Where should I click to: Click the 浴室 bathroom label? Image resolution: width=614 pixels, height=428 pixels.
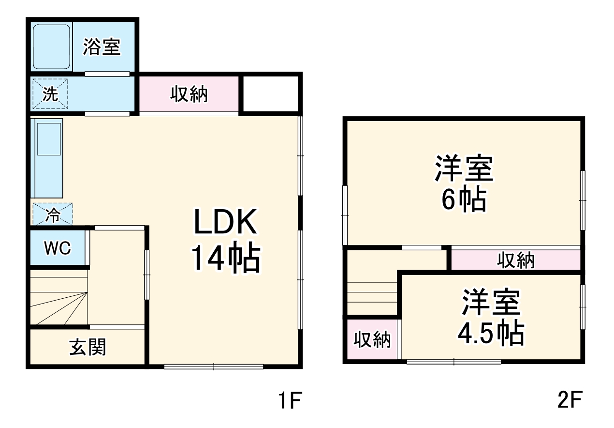point(102,47)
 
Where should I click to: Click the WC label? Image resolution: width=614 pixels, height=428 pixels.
point(58,248)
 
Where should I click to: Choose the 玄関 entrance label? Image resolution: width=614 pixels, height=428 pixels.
point(88,347)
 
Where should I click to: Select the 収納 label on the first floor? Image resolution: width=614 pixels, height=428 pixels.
point(189,94)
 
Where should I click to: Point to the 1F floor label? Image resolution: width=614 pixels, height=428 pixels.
point(289,401)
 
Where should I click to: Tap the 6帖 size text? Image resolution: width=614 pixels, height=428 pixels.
point(463,199)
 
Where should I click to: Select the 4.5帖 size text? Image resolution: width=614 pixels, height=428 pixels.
point(490,332)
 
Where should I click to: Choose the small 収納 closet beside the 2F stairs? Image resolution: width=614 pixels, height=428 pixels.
point(372,340)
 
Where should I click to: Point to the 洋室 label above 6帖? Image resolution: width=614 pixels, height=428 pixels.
point(464,168)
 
